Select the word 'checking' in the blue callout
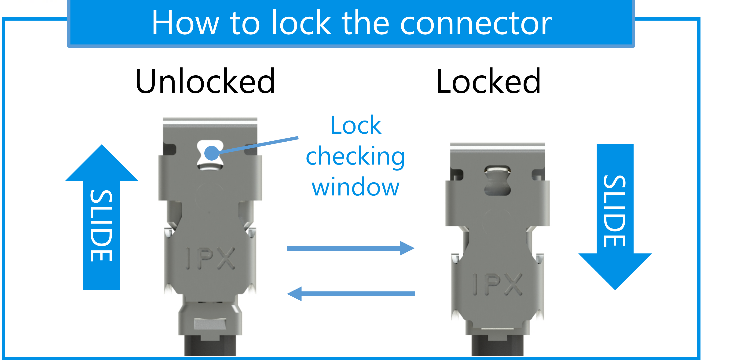pos(356,157)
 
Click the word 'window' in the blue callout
pos(356,188)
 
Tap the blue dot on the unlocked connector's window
pos(212,153)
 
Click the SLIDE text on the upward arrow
pos(102,226)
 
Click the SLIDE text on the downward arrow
pos(615,211)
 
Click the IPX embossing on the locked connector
pos(497,284)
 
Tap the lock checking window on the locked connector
pos(497,180)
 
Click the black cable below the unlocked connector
pos(210,348)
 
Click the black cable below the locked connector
pos(497,348)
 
